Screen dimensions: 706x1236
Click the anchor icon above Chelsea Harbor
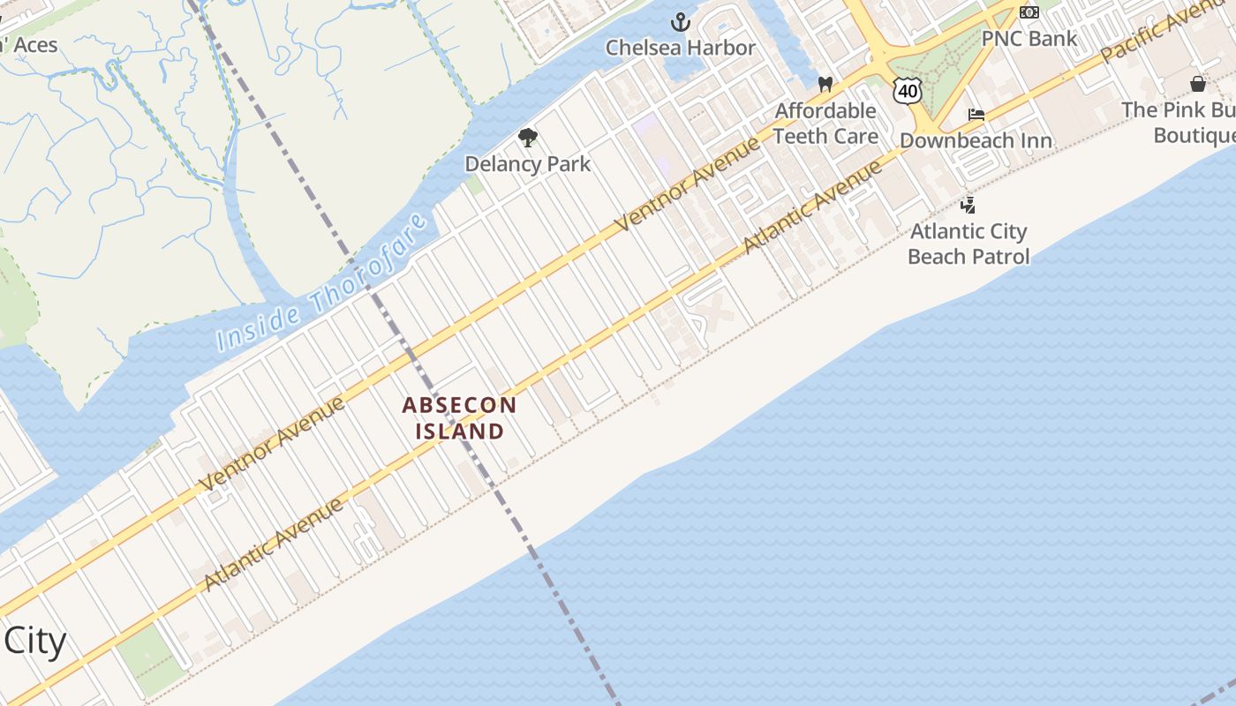coord(681,22)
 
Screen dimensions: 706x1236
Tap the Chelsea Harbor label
coord(681,48)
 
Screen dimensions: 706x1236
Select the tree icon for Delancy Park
coord(528,138)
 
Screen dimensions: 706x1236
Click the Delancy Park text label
coord(528,164)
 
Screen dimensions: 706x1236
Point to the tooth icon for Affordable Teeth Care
coord(825,85)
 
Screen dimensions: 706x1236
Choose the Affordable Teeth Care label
coord(825,124)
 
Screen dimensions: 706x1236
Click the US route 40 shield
coord(907,90)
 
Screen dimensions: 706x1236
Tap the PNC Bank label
coord(1029,39)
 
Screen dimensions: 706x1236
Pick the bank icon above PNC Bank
coord(1029,12)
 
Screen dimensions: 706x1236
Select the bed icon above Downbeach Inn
coord(976,115)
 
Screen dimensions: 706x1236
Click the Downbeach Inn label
coord(976,141)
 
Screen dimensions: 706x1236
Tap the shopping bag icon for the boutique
coord(1198,84)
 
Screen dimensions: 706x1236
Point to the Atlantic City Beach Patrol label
coord(968,244)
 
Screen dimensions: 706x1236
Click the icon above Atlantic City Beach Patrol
coord(968,206)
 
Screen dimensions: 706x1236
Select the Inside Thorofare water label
coord(323,282)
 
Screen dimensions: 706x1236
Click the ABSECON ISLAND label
coord(459,418)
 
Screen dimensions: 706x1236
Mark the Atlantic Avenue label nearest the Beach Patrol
coord(812,207)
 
